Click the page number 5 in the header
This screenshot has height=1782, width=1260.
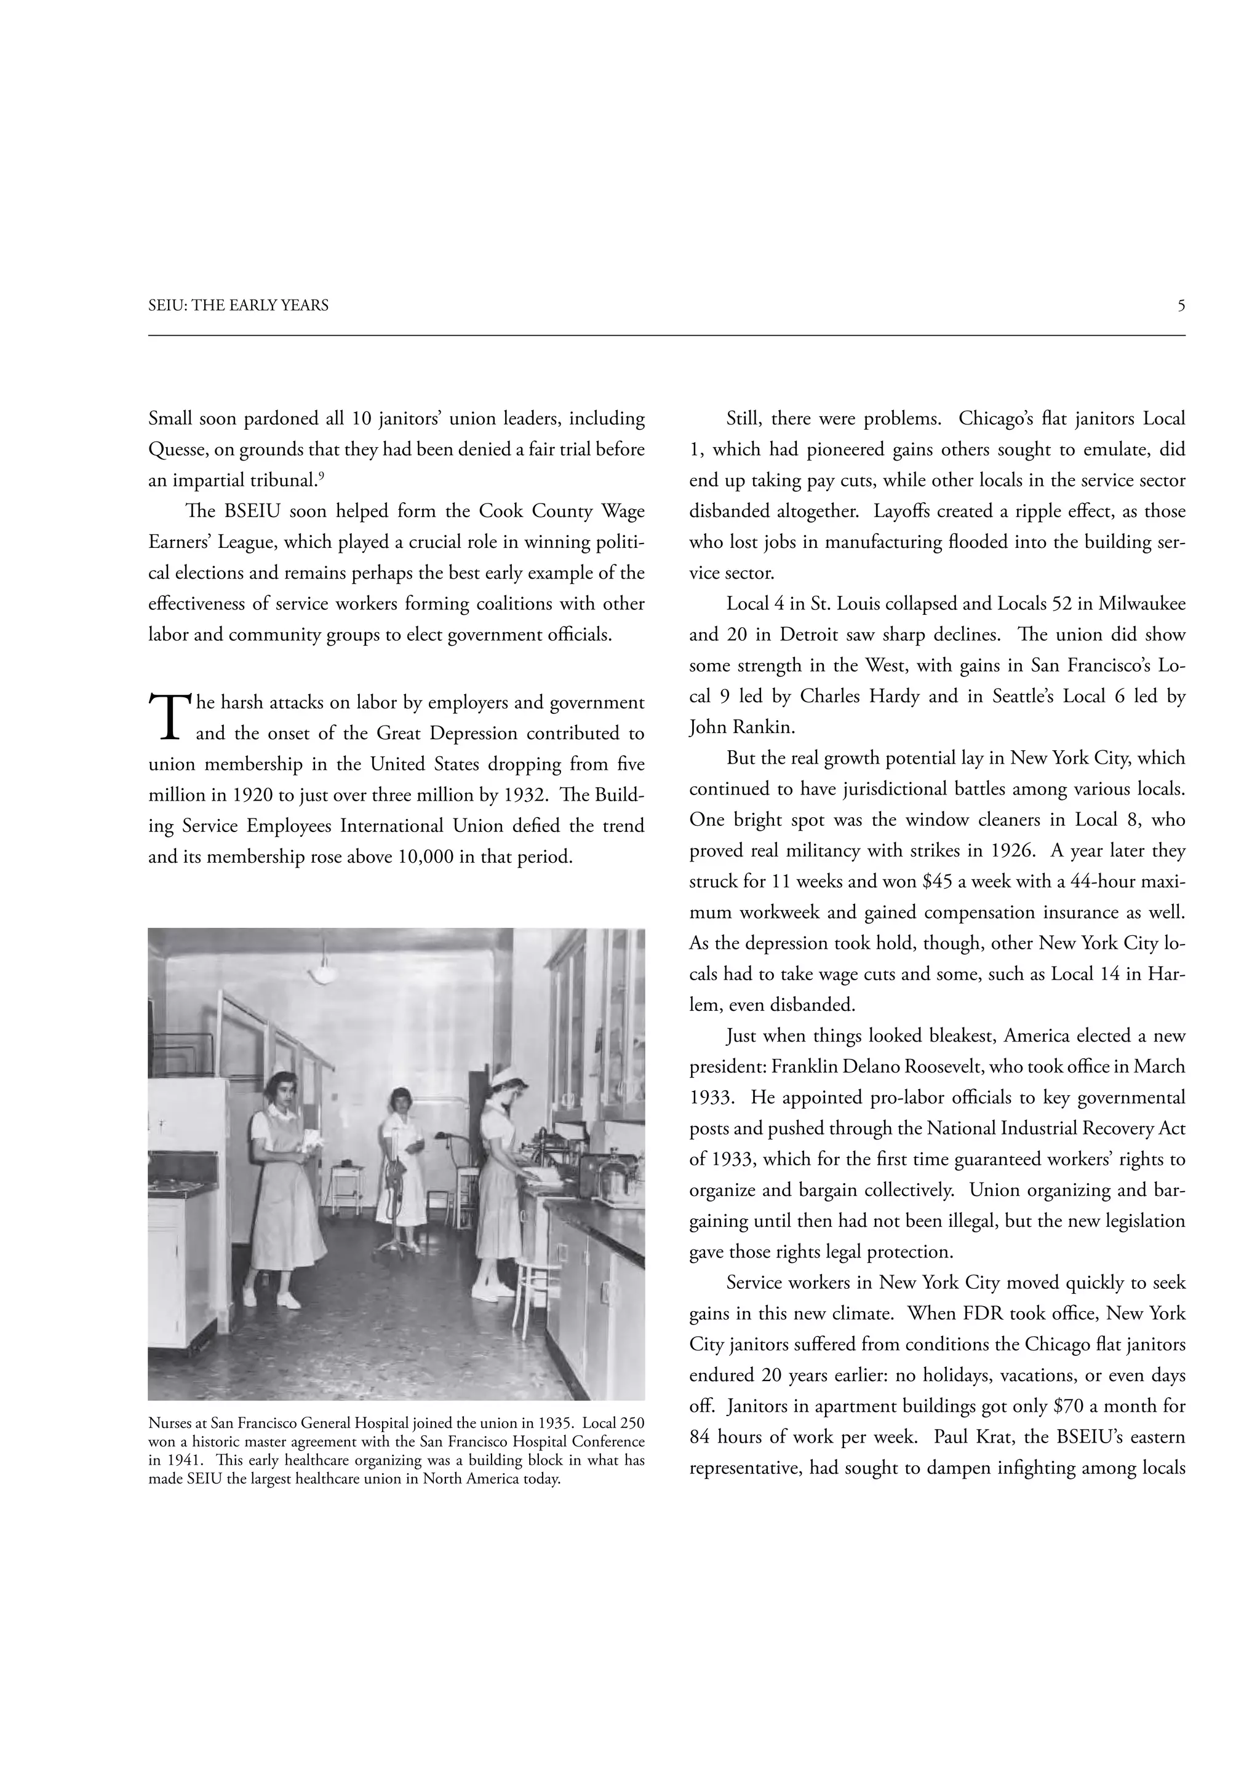(1180, 306)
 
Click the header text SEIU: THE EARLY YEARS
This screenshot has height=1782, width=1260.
(238, 306)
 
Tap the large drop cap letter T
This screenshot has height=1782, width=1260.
(169, 716)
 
